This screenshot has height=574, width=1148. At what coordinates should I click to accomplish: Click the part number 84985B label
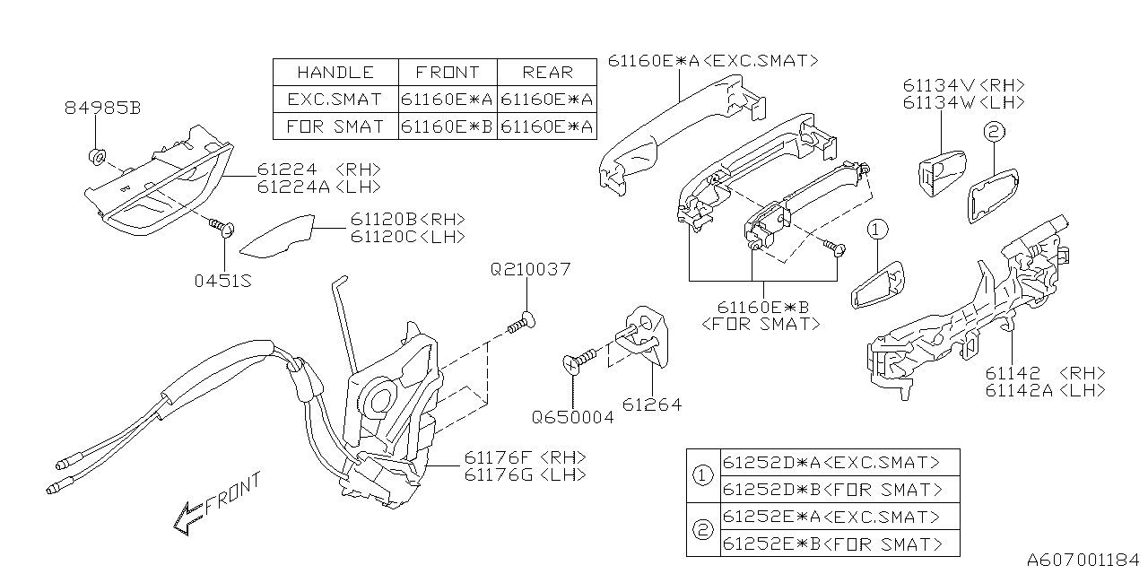[x=102, y=109]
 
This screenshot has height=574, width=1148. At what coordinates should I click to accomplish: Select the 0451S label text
[x=222, y=281]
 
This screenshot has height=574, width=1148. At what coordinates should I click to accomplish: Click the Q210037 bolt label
[x=530, y=269]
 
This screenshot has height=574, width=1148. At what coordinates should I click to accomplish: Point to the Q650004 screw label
[x=572, y=417]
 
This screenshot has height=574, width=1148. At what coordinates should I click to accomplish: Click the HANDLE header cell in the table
[x=335, y=73]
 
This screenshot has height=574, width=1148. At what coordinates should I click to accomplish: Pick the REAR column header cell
[x=547, y=73]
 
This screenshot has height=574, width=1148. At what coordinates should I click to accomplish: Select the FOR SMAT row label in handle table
[x=335, y=126]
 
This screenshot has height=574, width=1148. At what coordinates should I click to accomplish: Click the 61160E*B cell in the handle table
[x=447, y=126]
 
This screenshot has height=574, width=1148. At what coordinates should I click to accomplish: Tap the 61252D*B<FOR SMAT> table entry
[x=832, y=490]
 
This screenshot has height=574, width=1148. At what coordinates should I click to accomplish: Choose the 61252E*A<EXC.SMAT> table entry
[x=832, y=517]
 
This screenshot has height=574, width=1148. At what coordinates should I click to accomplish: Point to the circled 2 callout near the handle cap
[x=991, y=133]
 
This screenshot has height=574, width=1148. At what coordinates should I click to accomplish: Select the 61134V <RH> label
[x=963, y=85]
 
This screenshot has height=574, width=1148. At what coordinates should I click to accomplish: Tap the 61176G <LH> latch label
[x=525, y=474]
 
